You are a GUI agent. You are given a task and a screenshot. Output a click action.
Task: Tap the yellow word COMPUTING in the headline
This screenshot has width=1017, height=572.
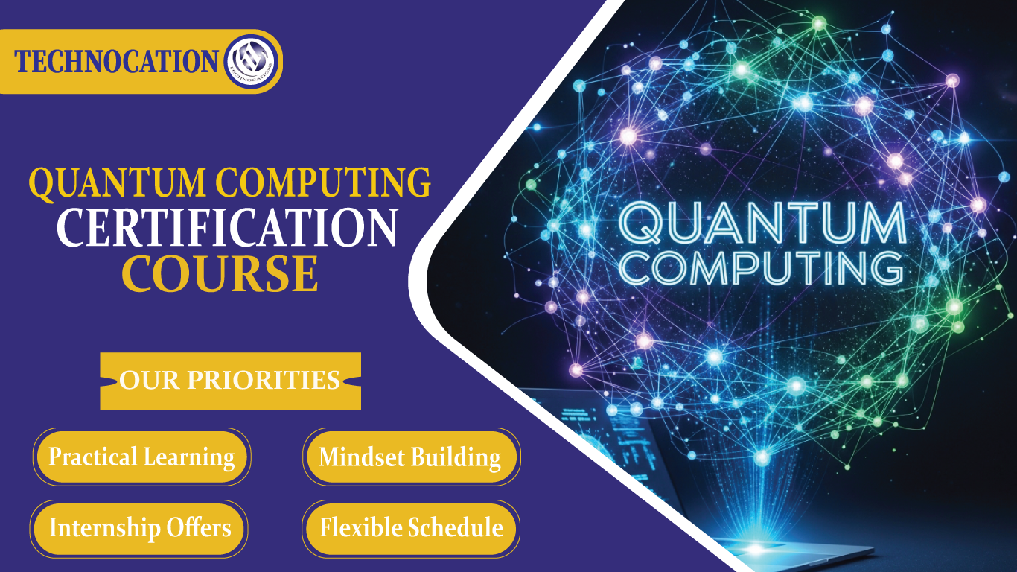pyautogui.click(x=324, y=183)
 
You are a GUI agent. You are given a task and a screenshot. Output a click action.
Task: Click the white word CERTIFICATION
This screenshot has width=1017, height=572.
pyautogui.click(x=228, y=228)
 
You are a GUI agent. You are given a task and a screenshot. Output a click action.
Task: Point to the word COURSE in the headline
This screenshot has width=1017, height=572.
pyautogui.click(x=220, y=273)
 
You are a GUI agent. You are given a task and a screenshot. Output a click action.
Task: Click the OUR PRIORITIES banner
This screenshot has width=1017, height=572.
pyautogui.click(x=230, y=381)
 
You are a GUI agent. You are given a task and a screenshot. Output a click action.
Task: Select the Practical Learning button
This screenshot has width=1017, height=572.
pyautogui.click(x=141, y=457)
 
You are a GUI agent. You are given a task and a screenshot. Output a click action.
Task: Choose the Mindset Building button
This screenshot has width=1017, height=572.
pyautogui.click(x=410, y=457)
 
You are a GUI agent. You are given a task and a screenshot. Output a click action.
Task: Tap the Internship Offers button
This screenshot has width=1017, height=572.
pyautogui.click(x=140, y=528)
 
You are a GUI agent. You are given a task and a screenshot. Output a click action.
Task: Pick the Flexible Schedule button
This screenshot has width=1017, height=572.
pyautogui.click(x=411, y=528)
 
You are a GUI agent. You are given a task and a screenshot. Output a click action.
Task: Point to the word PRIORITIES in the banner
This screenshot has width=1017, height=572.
pyautogui.click(x=263, y=381)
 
